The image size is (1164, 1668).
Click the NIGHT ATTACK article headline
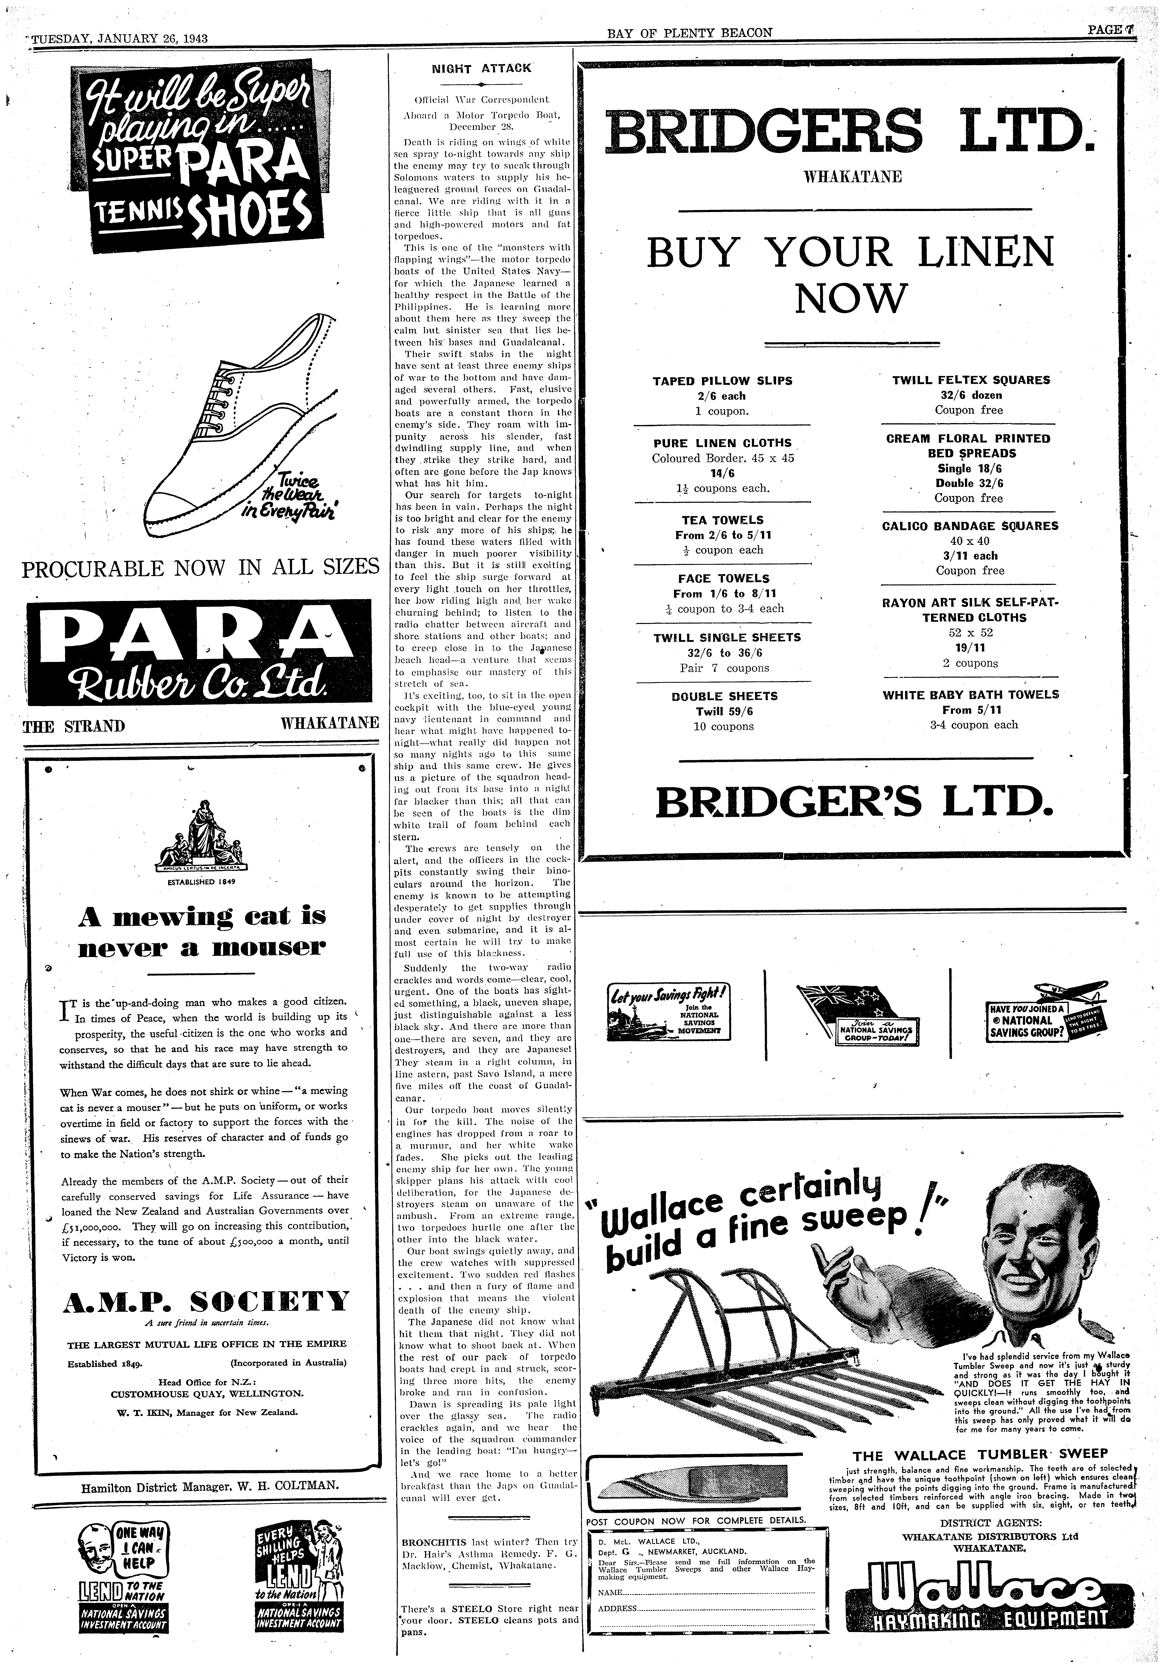point(482,68)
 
